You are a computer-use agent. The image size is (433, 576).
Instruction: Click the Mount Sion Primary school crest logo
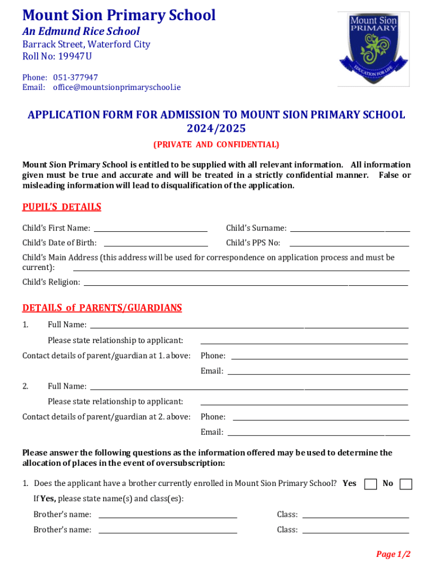click(373, 49)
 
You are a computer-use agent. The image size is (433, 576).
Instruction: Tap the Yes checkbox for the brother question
click(371, 484)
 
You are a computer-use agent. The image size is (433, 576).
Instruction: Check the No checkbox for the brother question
click(405, 484)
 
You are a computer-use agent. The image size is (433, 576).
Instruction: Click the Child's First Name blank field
click(150, 229)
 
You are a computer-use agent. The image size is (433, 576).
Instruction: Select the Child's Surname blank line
click(349, 229)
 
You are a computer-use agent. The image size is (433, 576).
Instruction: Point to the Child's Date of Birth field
click(156, 244)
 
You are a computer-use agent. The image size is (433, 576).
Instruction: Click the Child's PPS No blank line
click(349, 244)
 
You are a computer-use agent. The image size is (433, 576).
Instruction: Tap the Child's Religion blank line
click(245, 282)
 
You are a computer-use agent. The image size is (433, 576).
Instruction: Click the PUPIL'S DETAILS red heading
click(61, 207)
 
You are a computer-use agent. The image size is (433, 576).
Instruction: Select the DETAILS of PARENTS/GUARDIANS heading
click(102, 308)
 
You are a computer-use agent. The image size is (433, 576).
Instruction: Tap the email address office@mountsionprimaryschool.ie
click(117, 88)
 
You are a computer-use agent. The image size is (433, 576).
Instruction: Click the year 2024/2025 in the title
click(216, 129)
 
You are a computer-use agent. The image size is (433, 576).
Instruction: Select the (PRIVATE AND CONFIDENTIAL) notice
click(216, 145)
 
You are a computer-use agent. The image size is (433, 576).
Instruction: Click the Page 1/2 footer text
click(393, 555)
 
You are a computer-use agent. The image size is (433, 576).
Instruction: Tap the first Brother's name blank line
click(168, 515)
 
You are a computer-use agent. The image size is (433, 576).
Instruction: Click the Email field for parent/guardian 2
click(318, 433)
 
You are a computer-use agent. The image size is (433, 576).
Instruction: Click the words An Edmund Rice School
click(81, 31)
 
